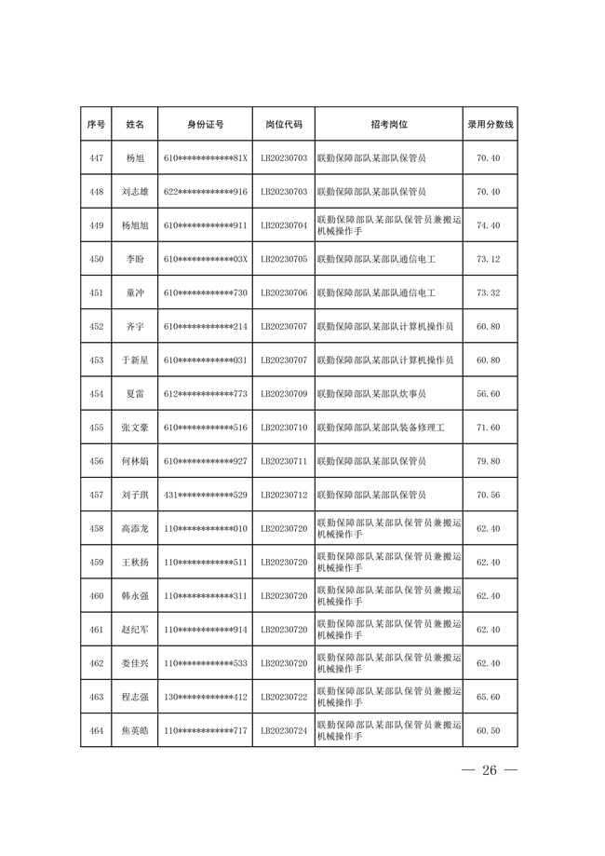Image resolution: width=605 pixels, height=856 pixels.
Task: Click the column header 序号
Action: click(96, 124)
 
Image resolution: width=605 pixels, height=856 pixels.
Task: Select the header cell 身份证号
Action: click(205, 124)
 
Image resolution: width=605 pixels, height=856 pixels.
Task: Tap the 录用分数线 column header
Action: click(490, 124)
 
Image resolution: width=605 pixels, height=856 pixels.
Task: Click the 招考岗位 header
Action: click(388, 124)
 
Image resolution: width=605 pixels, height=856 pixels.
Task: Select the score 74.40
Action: click(489, 225)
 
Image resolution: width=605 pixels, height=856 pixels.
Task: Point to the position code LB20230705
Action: click(284, 259)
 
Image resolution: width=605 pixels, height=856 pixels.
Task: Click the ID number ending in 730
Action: click(205, 292)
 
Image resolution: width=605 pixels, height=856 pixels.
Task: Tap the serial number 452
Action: click(96, 327)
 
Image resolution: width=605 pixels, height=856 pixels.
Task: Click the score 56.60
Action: click(489, 394)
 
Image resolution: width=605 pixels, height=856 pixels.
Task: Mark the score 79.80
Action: click(489, 461)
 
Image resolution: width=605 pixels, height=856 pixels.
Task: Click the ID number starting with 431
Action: click(205, 495)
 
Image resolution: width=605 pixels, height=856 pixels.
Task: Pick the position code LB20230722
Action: click(284, 697)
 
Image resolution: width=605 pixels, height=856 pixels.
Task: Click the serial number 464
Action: click(96, 730)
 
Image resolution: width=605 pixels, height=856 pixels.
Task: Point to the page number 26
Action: click(490, 771)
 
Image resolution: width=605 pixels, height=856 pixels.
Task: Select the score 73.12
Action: click(489, 259)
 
